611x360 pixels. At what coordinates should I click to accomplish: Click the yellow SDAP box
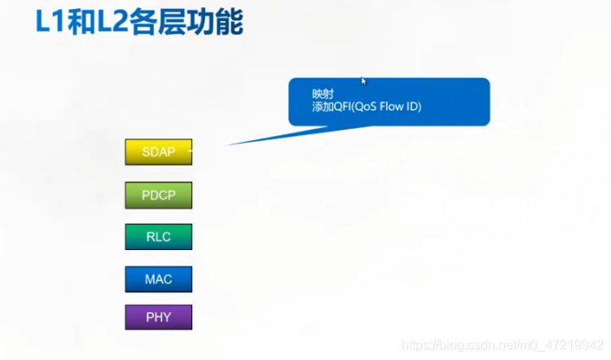[158, 152]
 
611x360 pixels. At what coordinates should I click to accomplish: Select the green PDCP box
[158, 195]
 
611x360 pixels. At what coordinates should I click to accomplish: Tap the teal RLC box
[158, 237]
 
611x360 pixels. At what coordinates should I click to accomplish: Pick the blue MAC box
[158, 279]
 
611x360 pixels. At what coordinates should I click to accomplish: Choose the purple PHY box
[158, 317]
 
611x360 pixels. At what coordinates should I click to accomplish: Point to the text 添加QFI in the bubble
[333, 108]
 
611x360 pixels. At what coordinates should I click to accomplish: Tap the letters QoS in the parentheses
[369, 108]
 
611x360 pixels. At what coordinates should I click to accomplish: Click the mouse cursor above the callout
[364, 81]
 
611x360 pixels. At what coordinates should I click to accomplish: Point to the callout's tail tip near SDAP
[229, 144]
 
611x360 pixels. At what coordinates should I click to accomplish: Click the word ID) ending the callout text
[415, 108]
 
